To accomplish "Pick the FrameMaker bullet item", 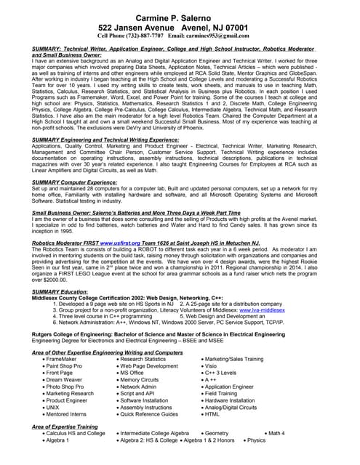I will click(x=60, y=359).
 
